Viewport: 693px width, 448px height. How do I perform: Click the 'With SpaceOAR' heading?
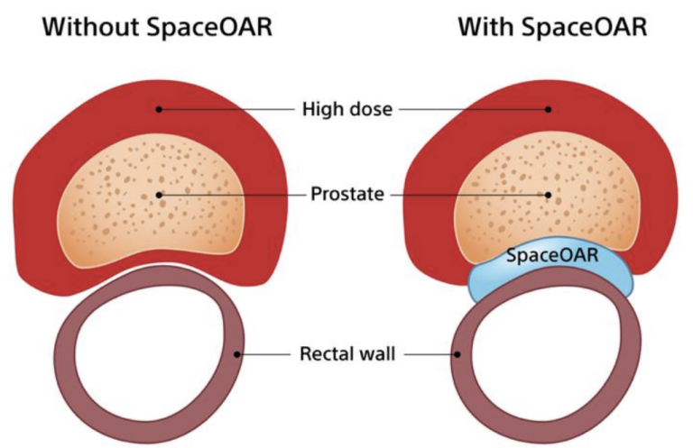pos(551,27)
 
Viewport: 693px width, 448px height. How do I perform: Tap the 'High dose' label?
pos(347,109)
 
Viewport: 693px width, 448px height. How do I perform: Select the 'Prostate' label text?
pos(348,194)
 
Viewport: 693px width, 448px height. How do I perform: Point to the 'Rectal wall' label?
pos(348,353)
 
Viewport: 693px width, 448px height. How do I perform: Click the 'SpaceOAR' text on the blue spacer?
pos(552,255)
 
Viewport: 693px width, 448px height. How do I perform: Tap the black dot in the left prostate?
pos(159,194)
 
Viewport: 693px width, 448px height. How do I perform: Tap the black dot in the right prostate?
pos(547,194)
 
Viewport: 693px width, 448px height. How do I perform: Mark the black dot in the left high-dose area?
pos(159,109)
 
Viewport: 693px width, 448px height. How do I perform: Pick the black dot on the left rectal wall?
pos(238,353)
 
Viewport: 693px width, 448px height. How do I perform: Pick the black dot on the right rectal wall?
pos(457,353)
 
